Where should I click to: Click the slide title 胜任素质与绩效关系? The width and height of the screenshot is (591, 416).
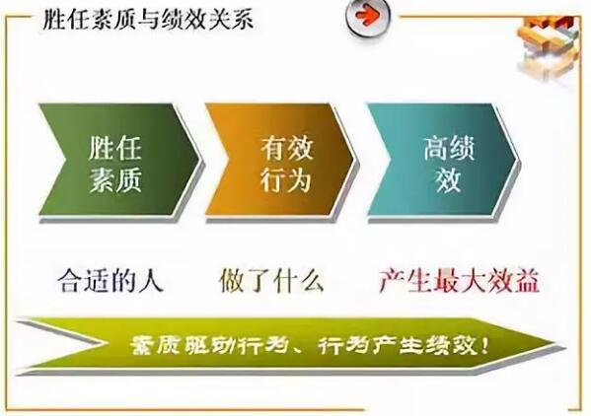[x=148, y=19]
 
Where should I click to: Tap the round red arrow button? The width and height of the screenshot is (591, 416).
[x=367, y=17]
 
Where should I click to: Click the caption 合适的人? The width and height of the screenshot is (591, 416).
[x=111, y=281]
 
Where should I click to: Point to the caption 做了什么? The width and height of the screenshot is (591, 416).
[x=271, y=281]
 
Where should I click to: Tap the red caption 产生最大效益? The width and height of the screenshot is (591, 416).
[x=460, y=281]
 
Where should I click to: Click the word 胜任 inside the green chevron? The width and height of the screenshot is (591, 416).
[x=115, y=148]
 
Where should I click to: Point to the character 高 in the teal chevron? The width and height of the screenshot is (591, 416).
[x=436, y=148]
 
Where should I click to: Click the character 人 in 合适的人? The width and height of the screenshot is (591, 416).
[x=151, y=281]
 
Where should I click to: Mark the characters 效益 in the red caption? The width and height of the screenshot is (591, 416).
[x=514, y=281]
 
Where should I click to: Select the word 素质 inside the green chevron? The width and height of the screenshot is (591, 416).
[x=115, y=179]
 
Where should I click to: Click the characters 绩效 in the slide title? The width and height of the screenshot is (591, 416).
[x=186, y=19]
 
